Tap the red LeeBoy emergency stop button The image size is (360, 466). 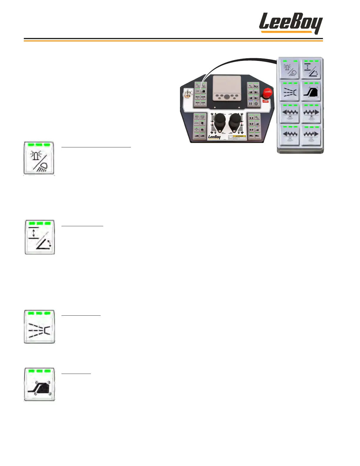[267, 92]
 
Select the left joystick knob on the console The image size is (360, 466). [219, 121]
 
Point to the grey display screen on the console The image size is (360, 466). [226, 84]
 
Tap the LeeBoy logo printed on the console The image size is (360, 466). [214, 137]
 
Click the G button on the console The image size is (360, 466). [256, 104]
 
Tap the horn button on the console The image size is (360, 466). [256, 86]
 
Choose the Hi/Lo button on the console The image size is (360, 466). [250, 86]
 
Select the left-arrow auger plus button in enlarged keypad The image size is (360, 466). [289, 113]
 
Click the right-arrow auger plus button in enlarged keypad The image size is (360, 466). [311, 113]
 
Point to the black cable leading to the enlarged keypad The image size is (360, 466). [241, 60]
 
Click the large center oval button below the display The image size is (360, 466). [226, 96]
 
